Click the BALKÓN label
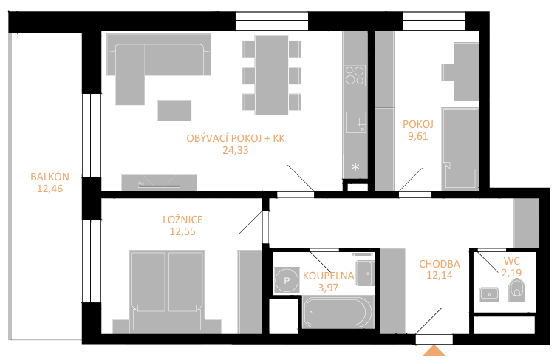click(49, 177)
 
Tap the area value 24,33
click(236, 150)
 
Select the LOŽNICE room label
click(182, 220)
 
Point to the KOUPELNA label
click(328, 276)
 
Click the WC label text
click(511, 261)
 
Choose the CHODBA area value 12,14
click(440, 275)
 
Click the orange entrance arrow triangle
click(434, 350)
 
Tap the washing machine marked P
click(287, 280)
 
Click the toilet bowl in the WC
click(517, 290)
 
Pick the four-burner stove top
click(355, 75)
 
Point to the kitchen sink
click(356, 122)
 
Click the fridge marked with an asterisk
click(355, 166)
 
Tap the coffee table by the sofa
click(174, 110)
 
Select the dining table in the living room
click(271, 75)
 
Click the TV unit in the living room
click(159, 183)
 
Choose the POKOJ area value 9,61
click(418, 136)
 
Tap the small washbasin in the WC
click(489, 293)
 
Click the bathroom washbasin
click(364, 274)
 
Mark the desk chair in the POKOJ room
click(448, 72)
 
